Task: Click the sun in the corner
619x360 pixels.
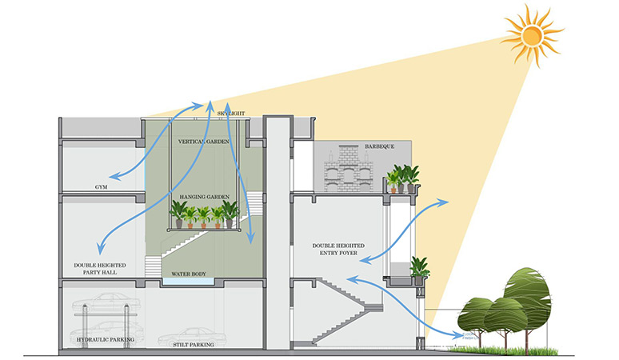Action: [531, 34]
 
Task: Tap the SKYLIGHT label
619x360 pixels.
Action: [233, 114]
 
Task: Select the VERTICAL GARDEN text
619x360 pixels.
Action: [204, 141]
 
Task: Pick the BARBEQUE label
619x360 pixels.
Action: [379, 147]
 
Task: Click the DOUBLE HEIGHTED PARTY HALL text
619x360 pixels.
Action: [95, 269]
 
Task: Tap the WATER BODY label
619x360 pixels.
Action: [189, 274]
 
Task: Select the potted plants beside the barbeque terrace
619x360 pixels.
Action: [402, 178]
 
